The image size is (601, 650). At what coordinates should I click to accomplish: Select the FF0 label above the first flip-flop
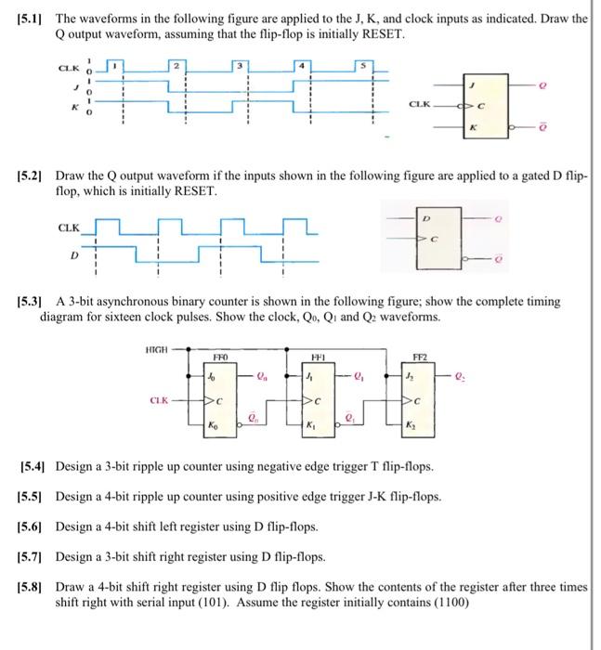(220, 355)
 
